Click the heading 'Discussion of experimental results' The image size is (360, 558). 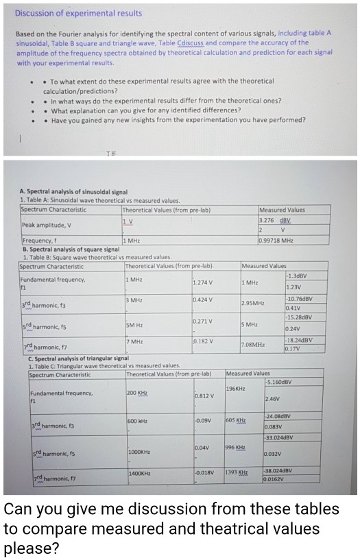(x=78, y=13)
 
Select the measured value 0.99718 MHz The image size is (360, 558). (x=276, y=241)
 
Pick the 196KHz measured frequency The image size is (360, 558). (x=236, y=389)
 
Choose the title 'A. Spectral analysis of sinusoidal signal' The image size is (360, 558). (x=74, y=193)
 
